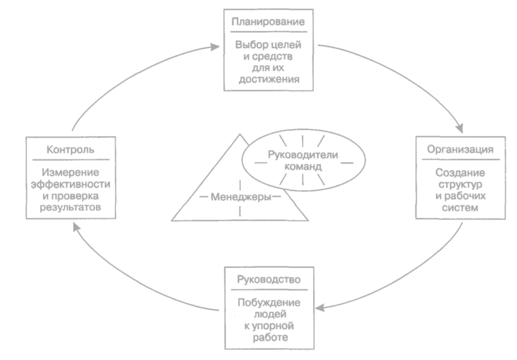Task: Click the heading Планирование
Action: pyautogui.click(x=269, y=21)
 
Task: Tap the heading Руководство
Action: pyautogui.click(x=269, y=278)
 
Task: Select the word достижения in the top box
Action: pyautogui.click(x=269, y=80)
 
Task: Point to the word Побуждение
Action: pyautogui.click(x=269, y=301)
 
